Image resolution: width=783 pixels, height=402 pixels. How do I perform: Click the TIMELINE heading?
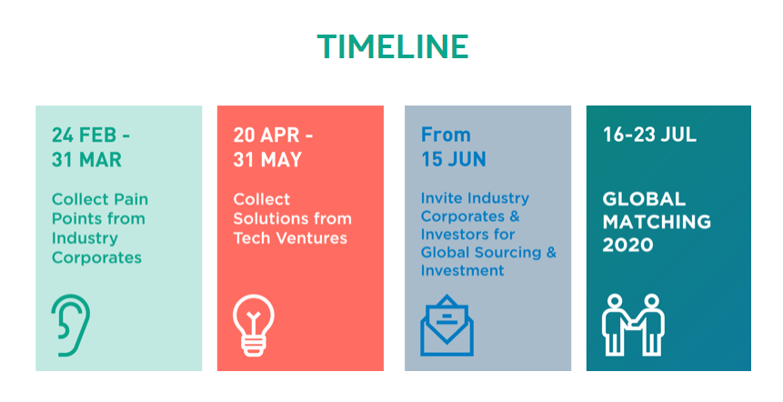(x=393, y=46)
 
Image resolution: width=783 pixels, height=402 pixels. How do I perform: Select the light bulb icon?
(x=254, y=325)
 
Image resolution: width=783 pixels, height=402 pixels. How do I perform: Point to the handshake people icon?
(x=633, y=325)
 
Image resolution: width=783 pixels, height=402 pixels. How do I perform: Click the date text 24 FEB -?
(x=90, y=135)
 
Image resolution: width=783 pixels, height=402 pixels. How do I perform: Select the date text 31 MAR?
(x=86, y=160)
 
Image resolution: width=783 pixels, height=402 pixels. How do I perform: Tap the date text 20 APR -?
(x=273, y=135)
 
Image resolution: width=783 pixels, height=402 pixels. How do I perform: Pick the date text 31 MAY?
(x=267, y=160)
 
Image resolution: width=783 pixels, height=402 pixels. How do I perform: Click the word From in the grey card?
(x=446, y=135)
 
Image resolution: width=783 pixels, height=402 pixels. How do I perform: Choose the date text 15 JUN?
(x=454, y=159)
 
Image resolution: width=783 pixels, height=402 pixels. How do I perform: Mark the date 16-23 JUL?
(x=649, y=135)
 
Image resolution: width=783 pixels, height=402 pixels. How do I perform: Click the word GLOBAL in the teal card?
(x=644, y=199)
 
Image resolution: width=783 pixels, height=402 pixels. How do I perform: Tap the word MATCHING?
(x=657, y=222)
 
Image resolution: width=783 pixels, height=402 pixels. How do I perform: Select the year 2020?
(x=627, y=245)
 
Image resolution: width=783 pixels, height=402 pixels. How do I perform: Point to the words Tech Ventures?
(x=290, y=238)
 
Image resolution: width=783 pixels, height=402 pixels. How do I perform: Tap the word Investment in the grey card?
(x=462, y=270)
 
